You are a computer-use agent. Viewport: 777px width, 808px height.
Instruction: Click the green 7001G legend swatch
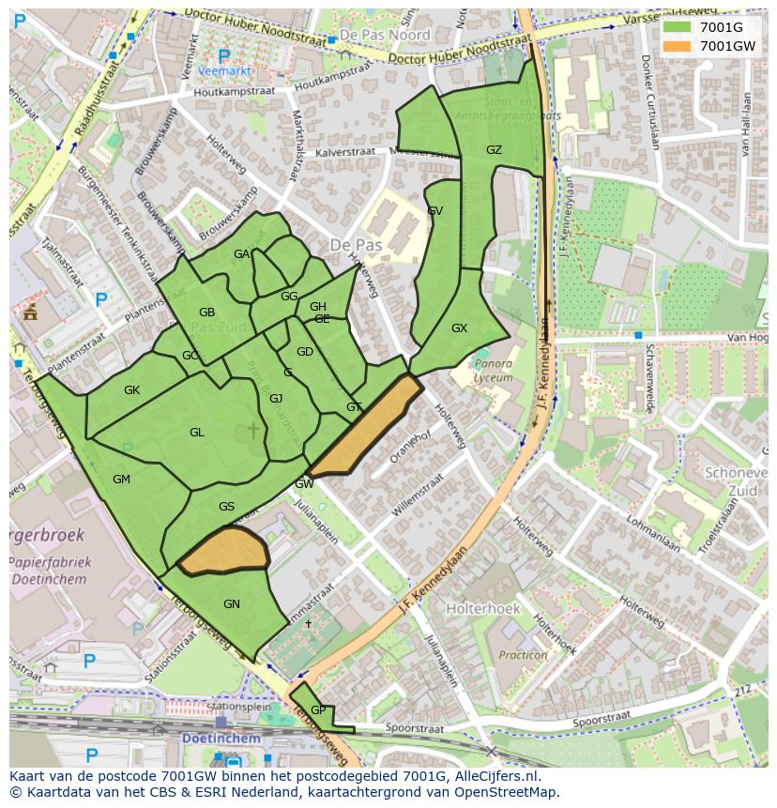click(x=676, y=27)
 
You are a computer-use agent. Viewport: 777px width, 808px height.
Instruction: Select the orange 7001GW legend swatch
click(x=676, y=46)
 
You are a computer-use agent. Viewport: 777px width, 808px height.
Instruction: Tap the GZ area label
click(x=494, y=150)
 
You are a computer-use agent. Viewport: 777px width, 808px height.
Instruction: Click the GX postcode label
click(x=459, y=328)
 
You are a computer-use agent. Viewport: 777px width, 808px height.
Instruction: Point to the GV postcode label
click(x=434, y=211)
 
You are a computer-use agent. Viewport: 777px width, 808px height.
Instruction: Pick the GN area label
click(x=232, y=603)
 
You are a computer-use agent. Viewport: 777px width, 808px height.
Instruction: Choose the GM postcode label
click(x=121, y=480)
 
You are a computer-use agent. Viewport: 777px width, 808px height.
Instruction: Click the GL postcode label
click(x=197, y=433)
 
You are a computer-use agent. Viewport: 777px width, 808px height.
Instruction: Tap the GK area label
click(x=131, y=390)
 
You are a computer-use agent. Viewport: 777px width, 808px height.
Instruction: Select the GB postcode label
click(x=207, y=313)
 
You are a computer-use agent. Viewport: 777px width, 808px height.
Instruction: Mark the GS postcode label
click(x=226, y=507)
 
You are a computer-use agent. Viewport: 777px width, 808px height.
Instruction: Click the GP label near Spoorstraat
click(x=318, y=710)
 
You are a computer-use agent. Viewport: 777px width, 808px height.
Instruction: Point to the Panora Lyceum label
click(x=493, y=371)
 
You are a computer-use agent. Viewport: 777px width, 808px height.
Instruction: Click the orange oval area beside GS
click(x=223, y=551)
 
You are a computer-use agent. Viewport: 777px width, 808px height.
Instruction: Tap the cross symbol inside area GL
click(x=252, y=430)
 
